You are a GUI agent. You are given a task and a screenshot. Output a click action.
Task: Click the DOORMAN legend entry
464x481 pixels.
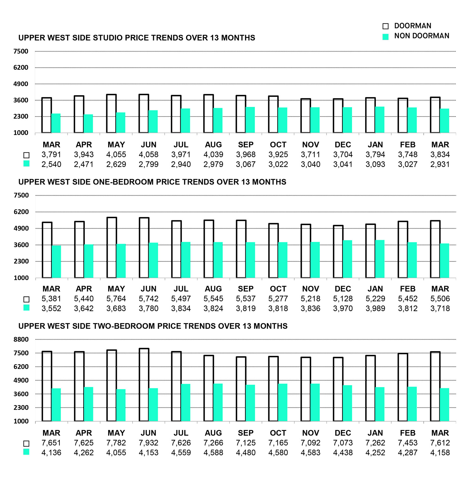pyautogui.click(x=412, y=26)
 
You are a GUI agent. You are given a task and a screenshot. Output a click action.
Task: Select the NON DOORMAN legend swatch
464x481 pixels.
pyautogui.click(x=385, y=37)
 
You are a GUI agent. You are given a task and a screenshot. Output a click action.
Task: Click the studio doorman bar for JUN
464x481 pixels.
pyautogui.click(x=144, y=114)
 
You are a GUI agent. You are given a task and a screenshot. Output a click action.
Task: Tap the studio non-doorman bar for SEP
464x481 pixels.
pyautogui.click(x=250, y=120)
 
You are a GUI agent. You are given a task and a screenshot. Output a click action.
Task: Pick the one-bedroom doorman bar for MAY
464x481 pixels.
pyautogui.click(x=112, y=248)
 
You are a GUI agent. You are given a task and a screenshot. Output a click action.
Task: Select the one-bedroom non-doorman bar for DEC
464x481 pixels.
pyautogui.click(x=347, y=259)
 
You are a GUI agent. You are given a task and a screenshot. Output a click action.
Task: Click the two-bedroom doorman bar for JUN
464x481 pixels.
pyautogui.click(x=144, y=385)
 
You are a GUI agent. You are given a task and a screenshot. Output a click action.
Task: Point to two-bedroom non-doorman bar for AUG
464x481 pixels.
pyautogui.click(x=218, y=402)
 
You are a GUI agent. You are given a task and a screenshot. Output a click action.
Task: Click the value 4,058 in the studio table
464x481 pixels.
pyautogui.click(x=148, y=155)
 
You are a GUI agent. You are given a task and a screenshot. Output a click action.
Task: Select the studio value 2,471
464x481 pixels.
pyautogui.click(x=84, y=165)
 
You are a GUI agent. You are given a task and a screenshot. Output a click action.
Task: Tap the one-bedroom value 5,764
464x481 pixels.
pyautogui.click(x=116, y=299)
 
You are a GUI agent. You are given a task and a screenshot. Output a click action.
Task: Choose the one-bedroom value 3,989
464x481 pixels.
pyautogui.click(x=375, y=309)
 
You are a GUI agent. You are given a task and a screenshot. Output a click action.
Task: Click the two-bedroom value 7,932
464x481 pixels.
pyautogui.click(x=148, y=443)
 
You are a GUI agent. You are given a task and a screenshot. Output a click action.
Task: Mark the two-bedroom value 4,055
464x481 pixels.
pyautogui.click(x=116, y=453)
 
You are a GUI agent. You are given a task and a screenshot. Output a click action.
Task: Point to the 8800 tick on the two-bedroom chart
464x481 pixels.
pyautogui.click(x=21, y=340)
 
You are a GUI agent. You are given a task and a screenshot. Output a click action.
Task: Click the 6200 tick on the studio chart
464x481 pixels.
pyautogui.click(x=21, y=68)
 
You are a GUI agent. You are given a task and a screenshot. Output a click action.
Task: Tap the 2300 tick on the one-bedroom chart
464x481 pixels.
pyautogui.click(x=21, y=261)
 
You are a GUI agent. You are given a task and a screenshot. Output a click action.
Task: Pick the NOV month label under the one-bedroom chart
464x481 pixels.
pyautogui.click(x=311, y=289)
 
